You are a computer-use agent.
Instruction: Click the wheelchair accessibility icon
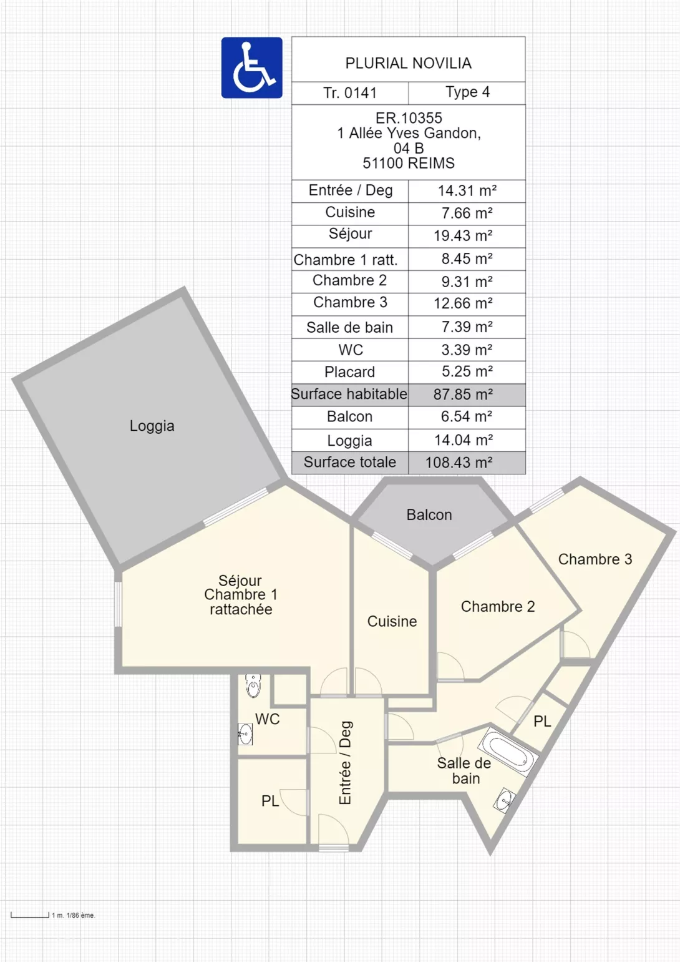click(x=252, y=67)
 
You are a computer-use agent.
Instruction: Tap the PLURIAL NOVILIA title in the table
click(x=408, y=64)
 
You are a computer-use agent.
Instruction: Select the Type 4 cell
click(x=467, y=92)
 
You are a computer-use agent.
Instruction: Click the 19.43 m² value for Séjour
click(x=463, y=236)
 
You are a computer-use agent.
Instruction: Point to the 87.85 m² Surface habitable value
click(x=463, y=395)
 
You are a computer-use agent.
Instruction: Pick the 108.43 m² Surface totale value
click(x=459, y=463)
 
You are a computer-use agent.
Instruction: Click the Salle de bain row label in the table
click(x=349, y=328)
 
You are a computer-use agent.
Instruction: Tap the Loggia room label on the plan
click(x=152, y=426)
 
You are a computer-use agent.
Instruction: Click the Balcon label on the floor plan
click(x=429, y=515)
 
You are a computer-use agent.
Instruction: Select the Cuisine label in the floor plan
click(x=392, y=621)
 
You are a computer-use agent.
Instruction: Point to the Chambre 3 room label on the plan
click(x=595, y=559)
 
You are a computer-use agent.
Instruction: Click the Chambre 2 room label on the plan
click(x=498, y=606)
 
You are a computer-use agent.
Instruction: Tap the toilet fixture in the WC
click(x=253, y=685)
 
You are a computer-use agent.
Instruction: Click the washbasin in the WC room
click(x=245, y=734)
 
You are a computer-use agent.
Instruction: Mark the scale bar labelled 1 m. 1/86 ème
click(x=29, y=915)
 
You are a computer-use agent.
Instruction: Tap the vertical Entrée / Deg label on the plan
click(x=346, y=762)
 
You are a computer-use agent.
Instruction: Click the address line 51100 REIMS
click(x=408, y=163)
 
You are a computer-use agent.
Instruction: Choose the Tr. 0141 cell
click(x=350, y=93)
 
